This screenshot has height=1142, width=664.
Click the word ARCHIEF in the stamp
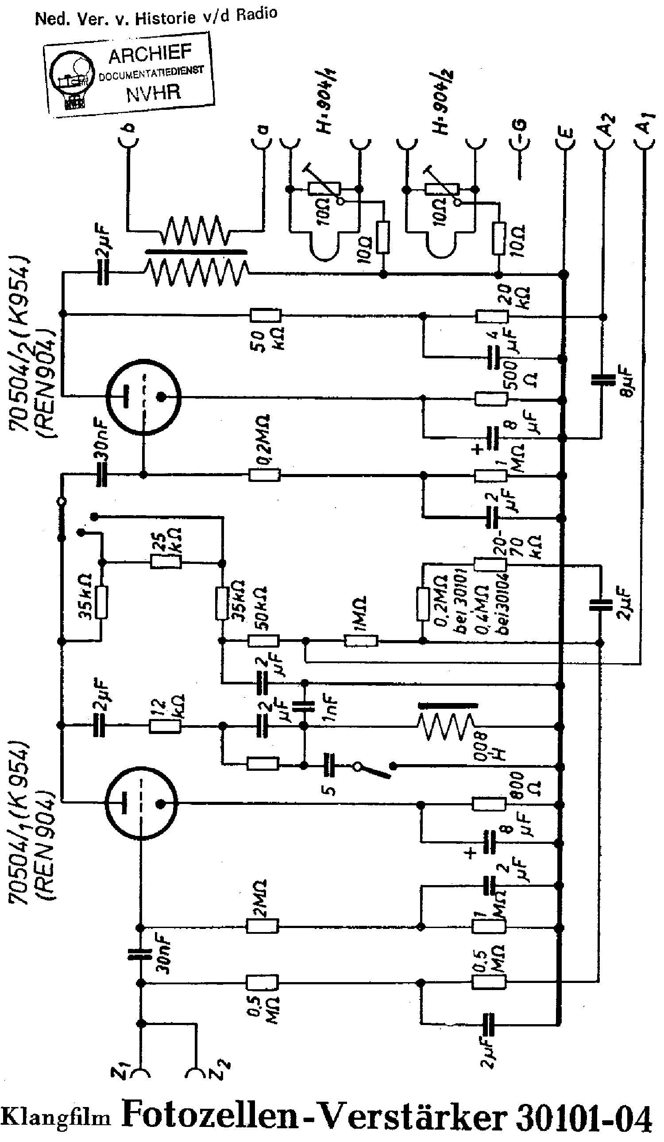tap(150, 54)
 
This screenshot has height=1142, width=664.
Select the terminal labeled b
tap(129, 128)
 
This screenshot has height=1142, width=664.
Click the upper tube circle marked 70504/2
tap(143, 396)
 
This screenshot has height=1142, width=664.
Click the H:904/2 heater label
tap(442, 102)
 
